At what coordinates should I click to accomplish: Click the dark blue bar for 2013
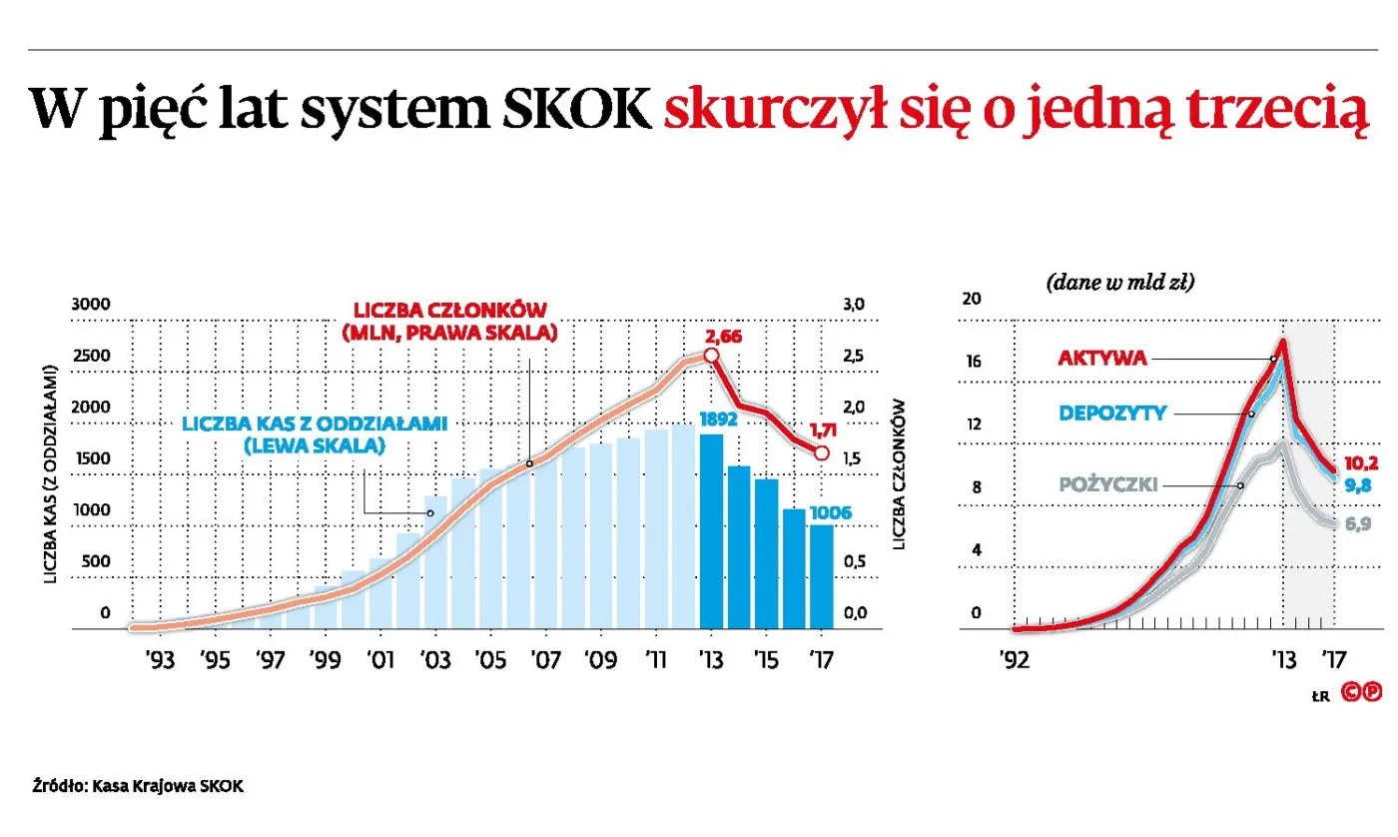point(711,531)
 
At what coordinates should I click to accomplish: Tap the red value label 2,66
point(723,337)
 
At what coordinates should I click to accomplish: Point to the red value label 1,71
point(822,430)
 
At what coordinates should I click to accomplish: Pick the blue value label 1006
point(829,512)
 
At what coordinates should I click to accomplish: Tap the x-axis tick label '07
point(545,660)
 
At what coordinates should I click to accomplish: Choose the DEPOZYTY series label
point(1111,413)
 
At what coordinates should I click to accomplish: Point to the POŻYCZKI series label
point(1108,484)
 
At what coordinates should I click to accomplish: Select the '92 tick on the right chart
point(1014,659)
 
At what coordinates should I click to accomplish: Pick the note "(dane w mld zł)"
point(1120,283)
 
